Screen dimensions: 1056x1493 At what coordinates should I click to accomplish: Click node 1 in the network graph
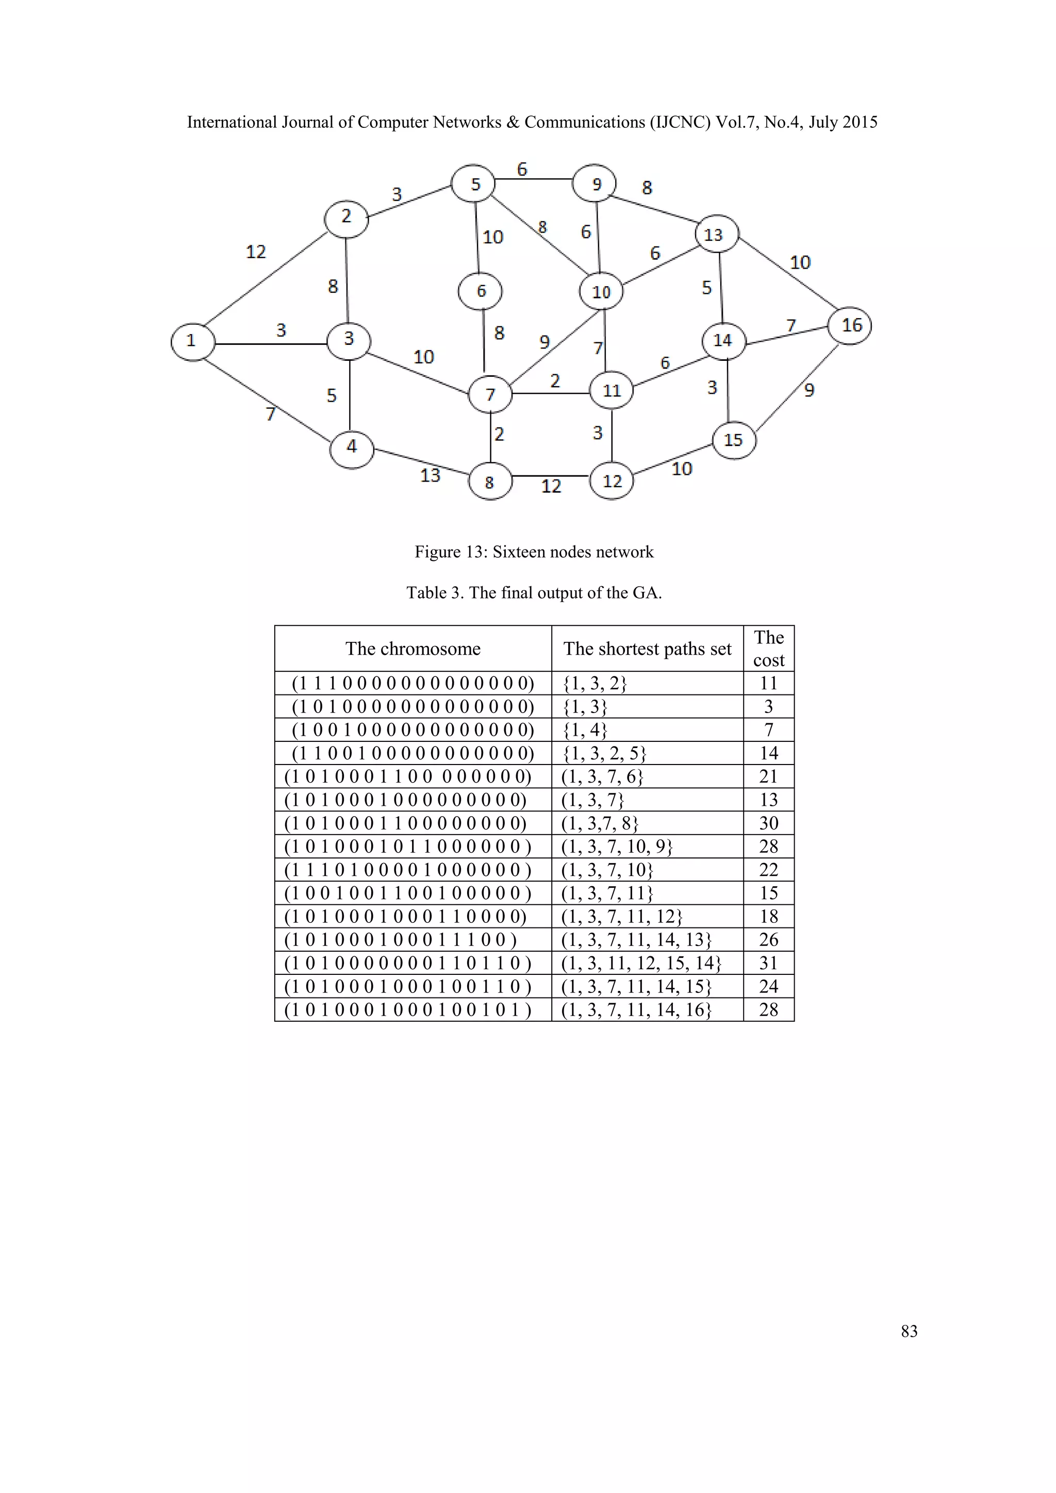[192, 341]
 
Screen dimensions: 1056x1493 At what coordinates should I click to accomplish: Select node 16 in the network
[850, 326]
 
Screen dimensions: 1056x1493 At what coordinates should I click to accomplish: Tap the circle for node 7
[490, 394]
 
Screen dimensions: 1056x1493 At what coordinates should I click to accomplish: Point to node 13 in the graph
[716, 234]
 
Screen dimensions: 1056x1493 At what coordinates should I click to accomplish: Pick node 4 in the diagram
[352, 448]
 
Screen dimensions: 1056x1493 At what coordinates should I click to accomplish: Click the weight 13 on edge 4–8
[431, 475]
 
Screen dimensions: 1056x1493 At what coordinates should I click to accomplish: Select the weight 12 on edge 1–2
[256, 252]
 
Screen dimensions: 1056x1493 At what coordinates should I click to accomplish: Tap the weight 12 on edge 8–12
[551, 486]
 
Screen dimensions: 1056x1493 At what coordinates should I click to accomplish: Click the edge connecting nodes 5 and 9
[533, 179]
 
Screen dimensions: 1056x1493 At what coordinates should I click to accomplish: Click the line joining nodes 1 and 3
[270, 343]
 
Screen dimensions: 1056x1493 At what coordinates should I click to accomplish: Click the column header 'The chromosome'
[413, 649]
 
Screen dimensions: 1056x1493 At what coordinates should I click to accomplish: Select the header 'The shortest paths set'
[647, 649]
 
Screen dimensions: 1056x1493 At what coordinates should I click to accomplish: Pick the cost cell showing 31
[769, 963]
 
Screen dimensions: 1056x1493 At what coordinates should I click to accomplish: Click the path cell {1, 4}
[585, 730]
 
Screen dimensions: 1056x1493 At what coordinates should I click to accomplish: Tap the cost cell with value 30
[769, 823]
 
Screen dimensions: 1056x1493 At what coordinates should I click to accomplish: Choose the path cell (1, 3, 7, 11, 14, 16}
[637, 1010]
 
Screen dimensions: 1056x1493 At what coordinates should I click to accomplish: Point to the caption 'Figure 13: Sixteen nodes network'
[534, 552]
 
